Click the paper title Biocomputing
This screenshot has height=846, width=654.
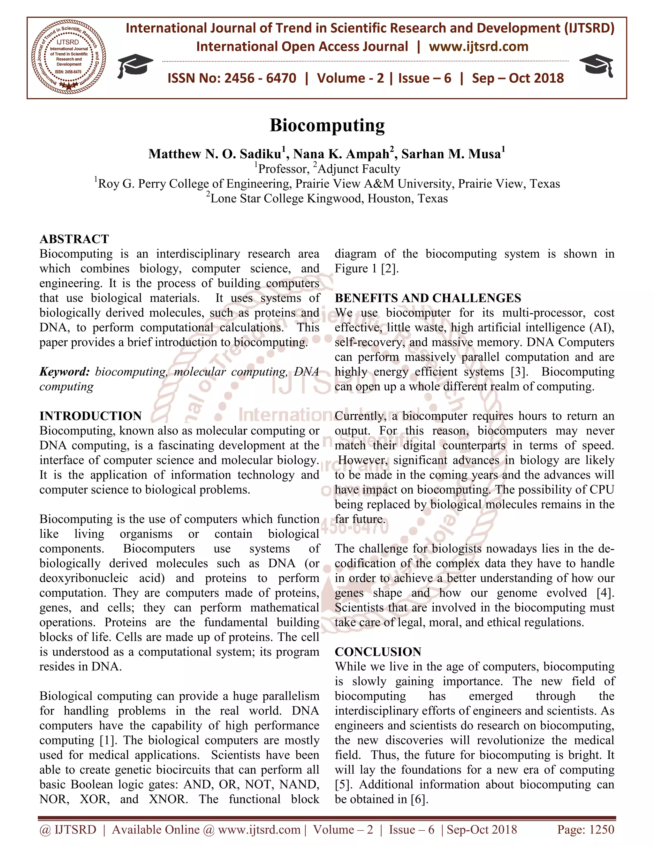327,125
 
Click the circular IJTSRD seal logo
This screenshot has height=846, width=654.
68,57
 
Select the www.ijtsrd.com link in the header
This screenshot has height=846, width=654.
478,47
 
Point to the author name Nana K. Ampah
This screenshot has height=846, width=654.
341,154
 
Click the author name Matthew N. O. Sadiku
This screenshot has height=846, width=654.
215,154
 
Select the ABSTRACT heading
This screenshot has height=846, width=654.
74,239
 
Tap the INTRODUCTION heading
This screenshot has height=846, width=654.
90,416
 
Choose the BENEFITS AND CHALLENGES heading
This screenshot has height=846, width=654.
428,298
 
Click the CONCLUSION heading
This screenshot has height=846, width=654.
378,652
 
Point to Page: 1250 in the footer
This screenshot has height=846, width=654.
585,829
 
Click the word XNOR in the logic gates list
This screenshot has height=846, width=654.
168,799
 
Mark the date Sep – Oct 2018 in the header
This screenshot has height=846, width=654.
518,78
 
